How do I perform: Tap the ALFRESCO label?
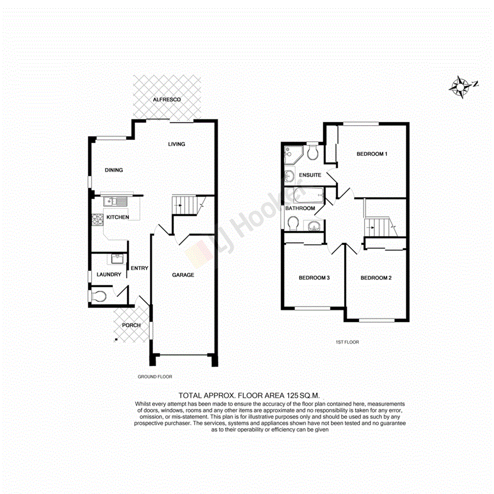point(167,99)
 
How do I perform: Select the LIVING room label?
point(177,144)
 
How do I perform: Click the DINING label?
point(114,170)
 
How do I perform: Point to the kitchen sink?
point(115,201)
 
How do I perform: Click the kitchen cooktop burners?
point(97,219)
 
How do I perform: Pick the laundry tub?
point(117,259)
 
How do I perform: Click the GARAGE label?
point(183,275)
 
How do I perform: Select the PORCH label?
point(131,325)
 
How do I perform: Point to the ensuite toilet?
point(313,152)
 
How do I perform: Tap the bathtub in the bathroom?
point(308,195)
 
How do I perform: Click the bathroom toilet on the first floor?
point(293,223)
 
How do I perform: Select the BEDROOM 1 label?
point(372,154)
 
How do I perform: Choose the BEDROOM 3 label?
point(313,278)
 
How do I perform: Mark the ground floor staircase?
point(186,205)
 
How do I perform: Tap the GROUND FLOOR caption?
point(155,377)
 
